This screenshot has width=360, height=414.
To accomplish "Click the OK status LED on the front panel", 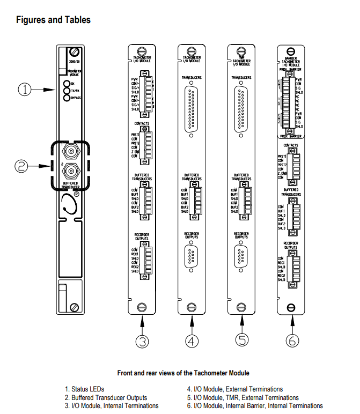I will coord(67,84).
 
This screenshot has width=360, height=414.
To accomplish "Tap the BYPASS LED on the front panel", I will coord(67,99).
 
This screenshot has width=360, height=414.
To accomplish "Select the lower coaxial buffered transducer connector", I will coord(69,172).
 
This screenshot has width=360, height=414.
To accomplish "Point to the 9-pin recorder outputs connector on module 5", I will coord(241,256).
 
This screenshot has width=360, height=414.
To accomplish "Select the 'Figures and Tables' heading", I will coord(53,20).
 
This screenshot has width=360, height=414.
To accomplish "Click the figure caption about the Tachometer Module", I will coord(183,373).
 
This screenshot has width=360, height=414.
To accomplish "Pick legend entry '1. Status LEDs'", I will coord(85,389).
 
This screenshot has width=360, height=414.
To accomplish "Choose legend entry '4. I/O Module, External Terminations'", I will coord(234,389).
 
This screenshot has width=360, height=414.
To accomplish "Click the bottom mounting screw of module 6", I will coord(291,307).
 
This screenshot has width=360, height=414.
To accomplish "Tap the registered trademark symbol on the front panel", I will coord(76,195).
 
